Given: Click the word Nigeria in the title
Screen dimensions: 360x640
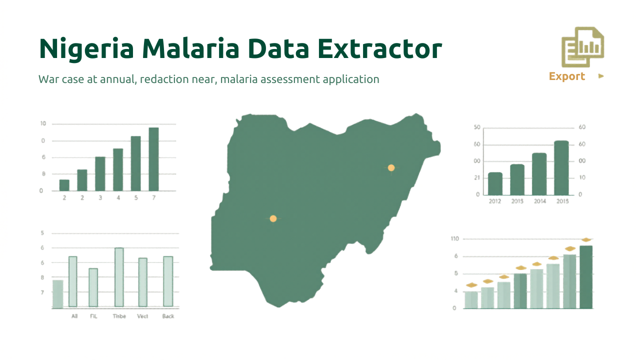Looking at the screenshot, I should (85, 48).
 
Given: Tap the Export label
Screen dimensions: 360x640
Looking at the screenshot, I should (566, 76).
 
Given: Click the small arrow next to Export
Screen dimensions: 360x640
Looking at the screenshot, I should (601, 76).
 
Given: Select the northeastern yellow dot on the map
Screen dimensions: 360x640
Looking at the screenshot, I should (391, 168).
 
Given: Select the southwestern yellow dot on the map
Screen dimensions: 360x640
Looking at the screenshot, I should (273, 218).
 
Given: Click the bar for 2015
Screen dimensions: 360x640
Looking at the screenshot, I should (561, 167).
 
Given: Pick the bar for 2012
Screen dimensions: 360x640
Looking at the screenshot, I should (495, 183).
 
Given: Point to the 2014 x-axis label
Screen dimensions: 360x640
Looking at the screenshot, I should (539, 201).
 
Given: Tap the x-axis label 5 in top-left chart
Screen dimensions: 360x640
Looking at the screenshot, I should (136, 198).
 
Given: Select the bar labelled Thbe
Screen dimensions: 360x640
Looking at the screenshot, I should (119, 277).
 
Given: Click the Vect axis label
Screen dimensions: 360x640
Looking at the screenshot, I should (142, 316).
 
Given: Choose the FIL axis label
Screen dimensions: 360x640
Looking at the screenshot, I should (93, 316).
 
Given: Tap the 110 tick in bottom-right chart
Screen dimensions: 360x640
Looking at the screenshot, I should (454, 238).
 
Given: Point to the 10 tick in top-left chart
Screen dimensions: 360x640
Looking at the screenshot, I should (43, 123).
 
